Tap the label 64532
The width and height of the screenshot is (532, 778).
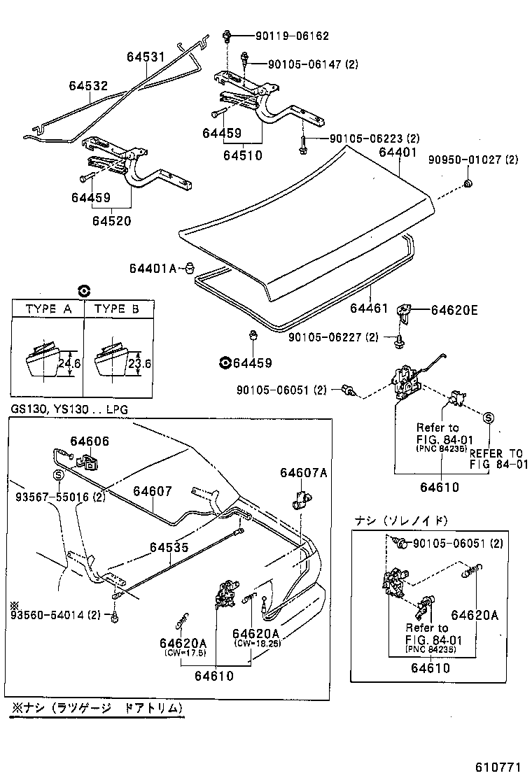tap(88, 85)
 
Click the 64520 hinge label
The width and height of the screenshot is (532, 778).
tap(111, 221)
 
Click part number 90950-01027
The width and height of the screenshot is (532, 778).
tap(473, 160)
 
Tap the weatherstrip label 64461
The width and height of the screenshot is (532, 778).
tap(369, 306)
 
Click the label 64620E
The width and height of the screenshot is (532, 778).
tap(454, 310)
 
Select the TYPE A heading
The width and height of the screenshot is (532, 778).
tap(48, 309)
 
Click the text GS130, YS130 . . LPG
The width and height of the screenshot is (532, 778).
tap(69, 409)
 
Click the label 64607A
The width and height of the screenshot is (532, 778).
tap(304, 473)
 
